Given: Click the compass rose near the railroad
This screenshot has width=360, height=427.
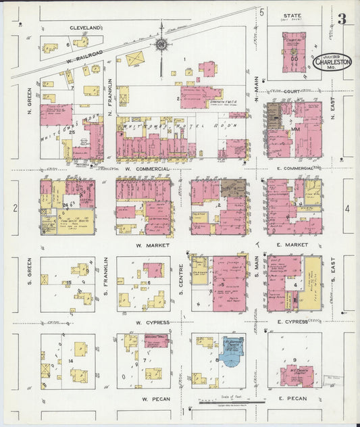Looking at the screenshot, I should click(x=161, y=45).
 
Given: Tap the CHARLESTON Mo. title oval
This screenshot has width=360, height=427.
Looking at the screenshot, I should click(x=332, y=61).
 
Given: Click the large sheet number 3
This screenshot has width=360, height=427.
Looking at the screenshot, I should click(x=342, y=20).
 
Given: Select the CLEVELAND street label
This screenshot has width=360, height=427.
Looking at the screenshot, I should click(x=86, y=28).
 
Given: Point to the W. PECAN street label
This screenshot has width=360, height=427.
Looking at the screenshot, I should click(x=153, y=399).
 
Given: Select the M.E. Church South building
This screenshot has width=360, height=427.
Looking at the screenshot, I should click(x=294, y=374).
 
